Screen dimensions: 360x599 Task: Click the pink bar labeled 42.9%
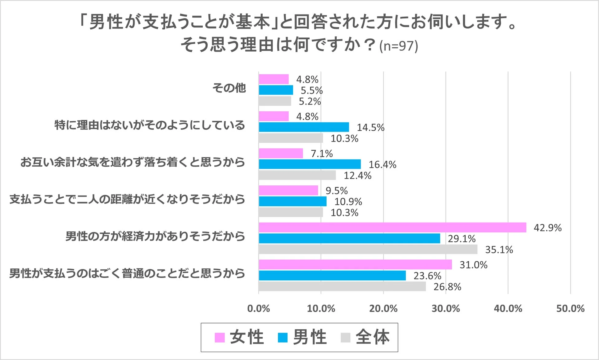coord(392,227)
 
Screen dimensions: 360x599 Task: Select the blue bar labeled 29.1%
coord(349,239)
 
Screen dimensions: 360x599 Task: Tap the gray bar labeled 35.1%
coord(368,249)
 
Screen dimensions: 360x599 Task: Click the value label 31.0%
coord(473,265)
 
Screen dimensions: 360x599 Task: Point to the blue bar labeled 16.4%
coord(310,164)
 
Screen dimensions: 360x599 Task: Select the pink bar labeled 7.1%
coord(281,153)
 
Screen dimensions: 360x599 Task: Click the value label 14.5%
coord(370,128)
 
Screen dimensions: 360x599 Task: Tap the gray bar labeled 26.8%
coord(342,287)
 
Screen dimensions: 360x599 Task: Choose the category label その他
coord(229,88)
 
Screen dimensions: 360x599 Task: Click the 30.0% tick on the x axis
coord(446,308)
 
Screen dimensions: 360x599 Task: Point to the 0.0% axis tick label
coord(259,308)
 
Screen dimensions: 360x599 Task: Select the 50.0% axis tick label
coord(570,308)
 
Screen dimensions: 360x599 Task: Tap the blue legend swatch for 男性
coord(282,338)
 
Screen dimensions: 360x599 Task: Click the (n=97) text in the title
coord(398,46)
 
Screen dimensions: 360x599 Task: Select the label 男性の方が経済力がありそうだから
coord(155,236)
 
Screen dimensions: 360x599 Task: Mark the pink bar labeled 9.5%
coord(288,191)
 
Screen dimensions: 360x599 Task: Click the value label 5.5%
coord(311,90)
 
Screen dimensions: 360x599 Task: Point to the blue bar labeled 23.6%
coord(332,276)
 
